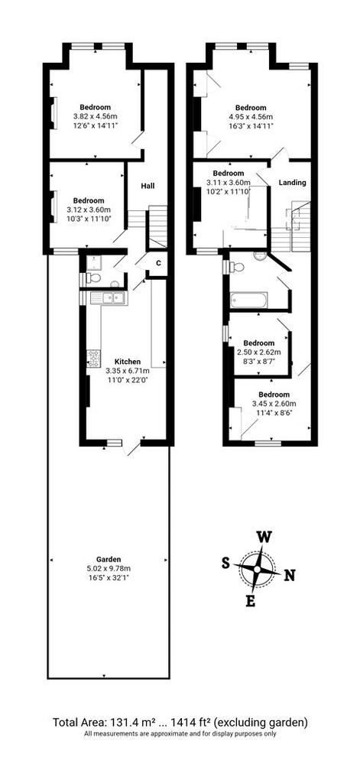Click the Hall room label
(x=148, y=187)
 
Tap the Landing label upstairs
(x=292, y=183)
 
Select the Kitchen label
(x=128, y=362)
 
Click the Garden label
(x=109, y=559)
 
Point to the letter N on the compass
(x=290, y=576)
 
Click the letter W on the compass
(x=264, y=538)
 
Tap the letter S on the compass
(x=225, y=564)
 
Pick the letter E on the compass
(x=251, y=602)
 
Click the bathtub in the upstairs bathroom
(x=248, y=301)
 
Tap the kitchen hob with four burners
(x=94, y=358)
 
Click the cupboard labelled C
(x=158, y=263)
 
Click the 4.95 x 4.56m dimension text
(x=251, y=117)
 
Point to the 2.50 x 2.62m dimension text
(x=259, y=352)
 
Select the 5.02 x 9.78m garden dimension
(x=109, y=568)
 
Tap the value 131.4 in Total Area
(x=135, y=722)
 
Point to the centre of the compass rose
(x=258, y=569)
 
